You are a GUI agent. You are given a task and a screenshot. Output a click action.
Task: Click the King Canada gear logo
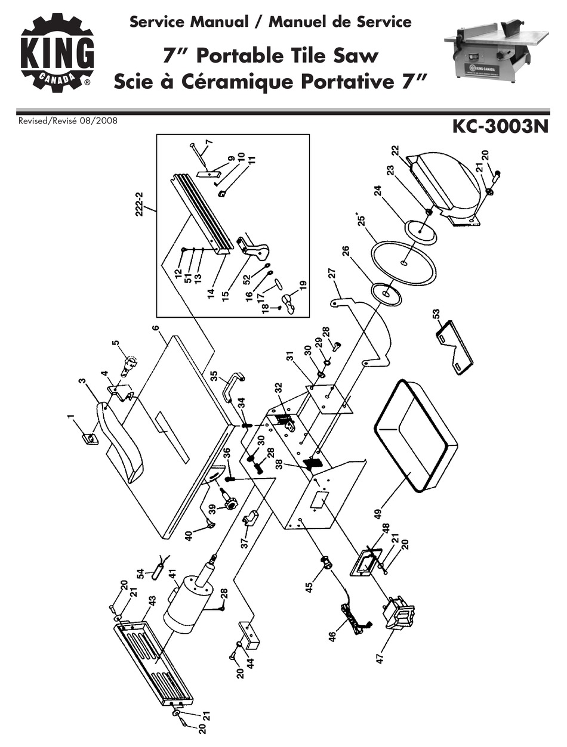[x=57, y=52]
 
